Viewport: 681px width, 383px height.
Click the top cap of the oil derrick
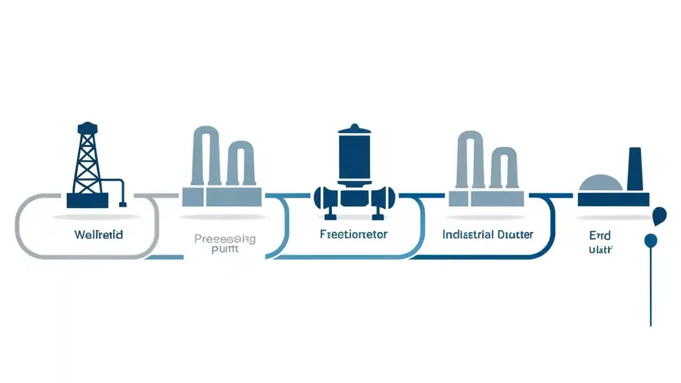(87, 128)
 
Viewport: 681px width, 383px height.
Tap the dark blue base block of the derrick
(87, 200)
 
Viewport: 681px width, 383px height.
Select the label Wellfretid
(99, 235)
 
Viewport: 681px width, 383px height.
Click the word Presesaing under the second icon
(225, 239)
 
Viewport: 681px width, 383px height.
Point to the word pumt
(225, 250)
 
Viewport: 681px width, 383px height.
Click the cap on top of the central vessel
(354, 129)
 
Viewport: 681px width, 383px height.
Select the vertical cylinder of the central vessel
(354, 160)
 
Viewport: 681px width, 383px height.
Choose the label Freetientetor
(354, 234)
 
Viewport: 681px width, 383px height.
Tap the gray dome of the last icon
(600, 184)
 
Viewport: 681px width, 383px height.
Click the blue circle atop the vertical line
(650, 240)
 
